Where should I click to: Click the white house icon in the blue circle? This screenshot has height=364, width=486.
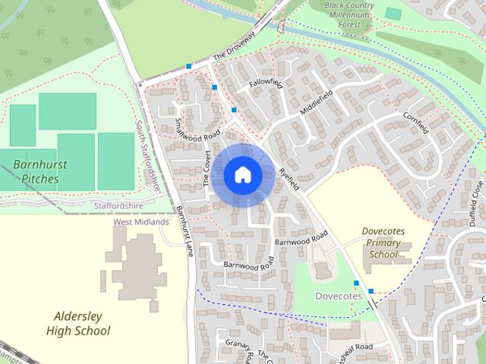242,174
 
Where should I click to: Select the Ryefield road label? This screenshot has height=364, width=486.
289,178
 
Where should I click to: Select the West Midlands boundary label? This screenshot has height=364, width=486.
140,222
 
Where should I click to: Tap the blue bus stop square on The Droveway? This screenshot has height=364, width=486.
188,67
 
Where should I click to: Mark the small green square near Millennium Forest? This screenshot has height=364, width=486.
393,13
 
